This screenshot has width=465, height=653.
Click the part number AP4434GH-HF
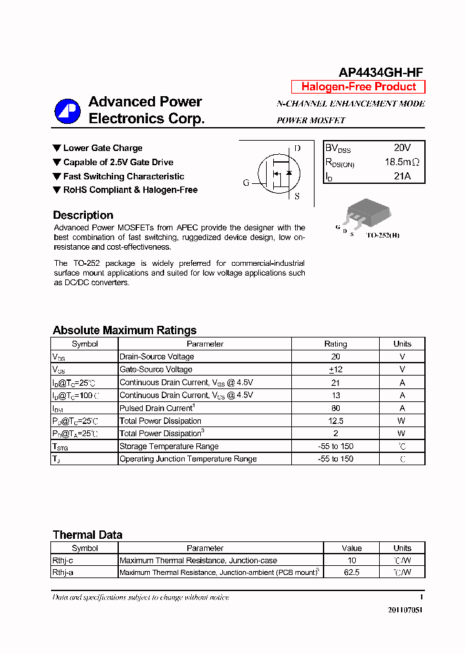pyautogui.click(x=381, y=73)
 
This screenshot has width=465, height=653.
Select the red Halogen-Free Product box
pyautogui.click(x=358, y=87)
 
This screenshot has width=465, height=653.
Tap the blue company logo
pyautogui.click(x=67, y=111)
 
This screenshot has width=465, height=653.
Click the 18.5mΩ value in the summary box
pyautogui.click(x=402, y=163)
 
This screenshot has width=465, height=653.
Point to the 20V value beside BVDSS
pyautogui.click(x=402, y=148)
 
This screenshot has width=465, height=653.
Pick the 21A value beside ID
pyautogui.click(x=402, y=176)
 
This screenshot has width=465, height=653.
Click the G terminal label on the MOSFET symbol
pyautogui.click(x=246, y=183)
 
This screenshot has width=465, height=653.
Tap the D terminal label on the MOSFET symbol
pyautogui.click(x=297, y=148)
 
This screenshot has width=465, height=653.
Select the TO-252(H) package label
pyautogui.click(x=383, y=236)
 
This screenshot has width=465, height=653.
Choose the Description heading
pyautogui.click(x=83, y=216)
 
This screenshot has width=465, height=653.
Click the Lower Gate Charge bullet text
pyautogui.click(x=103, y=148)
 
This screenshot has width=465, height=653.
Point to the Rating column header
pyautogui.click(x=335, y=344)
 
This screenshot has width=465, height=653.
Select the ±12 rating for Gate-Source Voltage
pyautogui.click(x=335, y=370)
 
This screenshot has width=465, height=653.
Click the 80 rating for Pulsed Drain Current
pyautogui.click(x=335, y=408)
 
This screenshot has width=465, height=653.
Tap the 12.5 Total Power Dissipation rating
pyautogui.click(x=335, y=421)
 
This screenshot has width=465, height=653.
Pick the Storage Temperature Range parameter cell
pyautogui.click(x=169, y=447)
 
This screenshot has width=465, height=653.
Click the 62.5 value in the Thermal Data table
pyautogui.click(x=352, y=572)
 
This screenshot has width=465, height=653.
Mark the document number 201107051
pyautogui.click(x=406, y=610)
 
